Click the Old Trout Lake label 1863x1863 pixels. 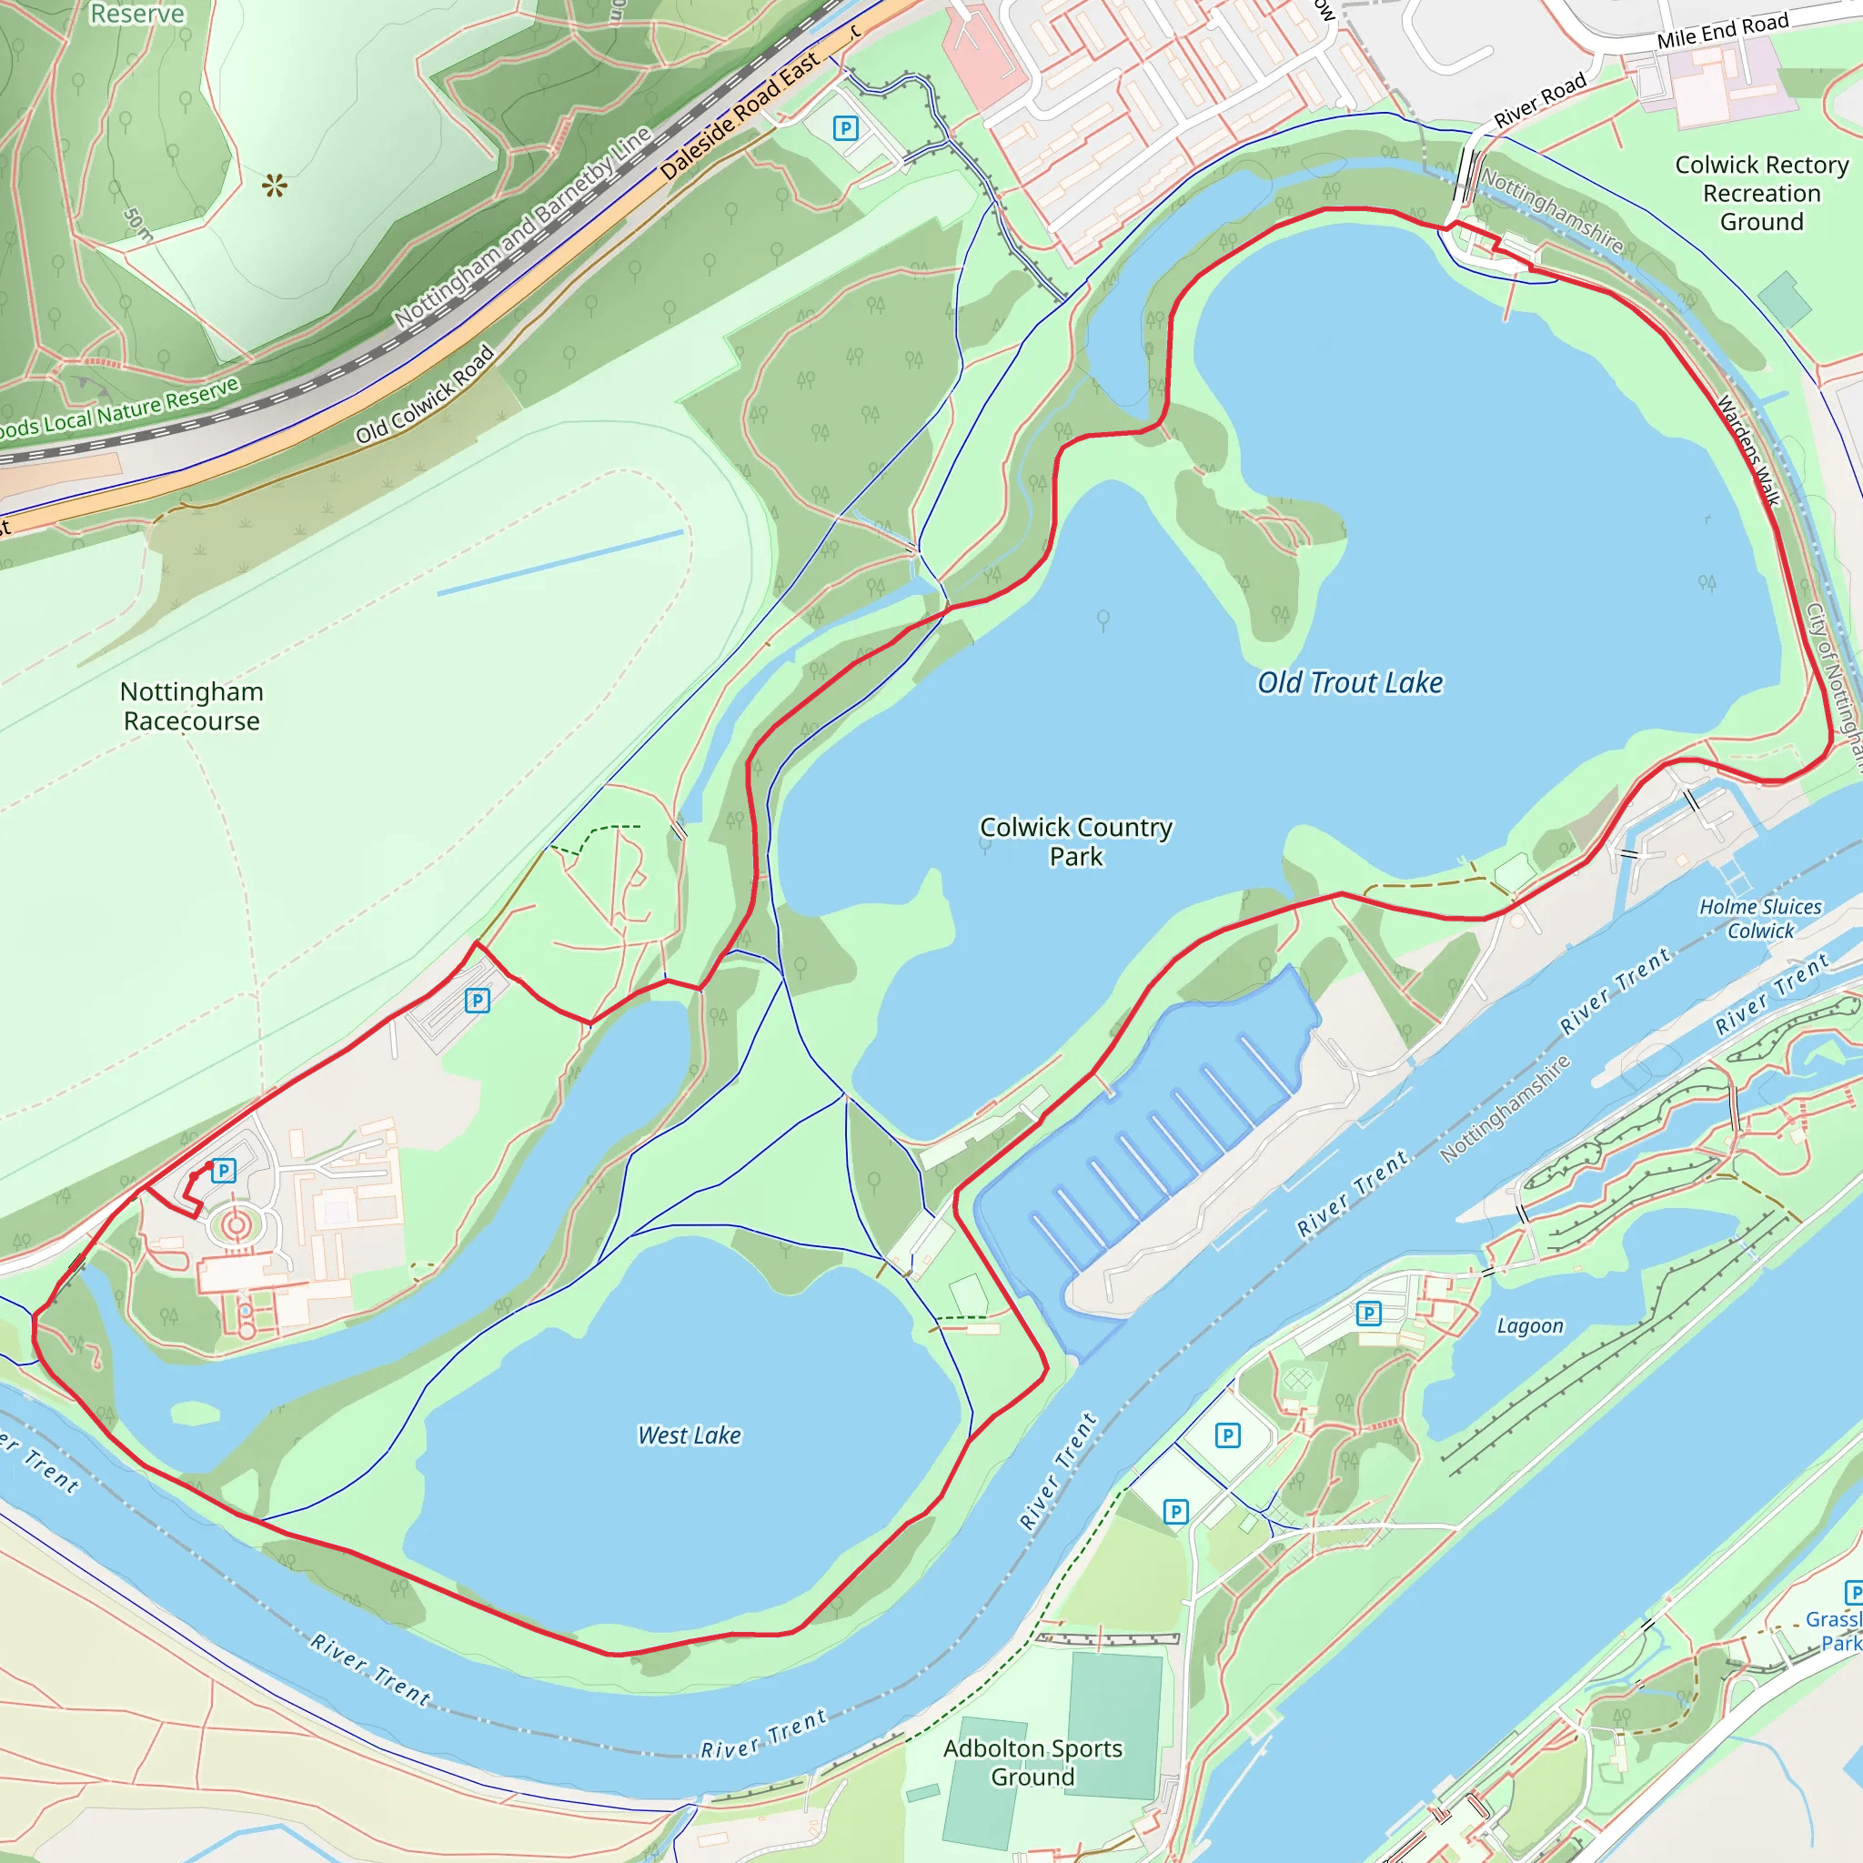pyautogui.click(x=1349, y=683)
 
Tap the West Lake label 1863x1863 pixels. pyautogui.click(x=689, y=1435)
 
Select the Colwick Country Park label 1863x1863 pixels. pyautogui.click(x=1075, y=841)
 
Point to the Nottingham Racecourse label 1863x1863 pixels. pyautogui.click(x=191, y=706)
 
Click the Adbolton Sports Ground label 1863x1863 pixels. pyautogui.click(x=1032, y=1762)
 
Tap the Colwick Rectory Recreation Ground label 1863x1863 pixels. pyautogui.click(x=1761, y=193)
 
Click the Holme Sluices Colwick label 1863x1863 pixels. pyautogui.click(x=1760, y=918)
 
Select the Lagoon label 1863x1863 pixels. pyautogui.click(x=1529, y=1326)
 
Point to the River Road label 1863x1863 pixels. pyautogui.click(x=1539, y=101)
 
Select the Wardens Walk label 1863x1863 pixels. pyautogui.click(x=1747, y=450)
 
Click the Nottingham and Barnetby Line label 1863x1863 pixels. pyautogui.click(x=521, y=227)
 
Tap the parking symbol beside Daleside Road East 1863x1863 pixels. pyautogui.click(x=846, y=127)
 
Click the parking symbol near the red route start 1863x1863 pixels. pyautogui.click(x=224, y=1171)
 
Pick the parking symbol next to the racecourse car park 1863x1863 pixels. pyautogui.click(x=478, y=1000)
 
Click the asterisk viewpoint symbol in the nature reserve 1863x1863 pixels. pyautogui.click(x=275, y=186)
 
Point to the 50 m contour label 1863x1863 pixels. pyautogui.click(x=138, y=224)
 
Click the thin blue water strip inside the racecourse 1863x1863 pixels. pyautogui.click(x=560, y=561)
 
